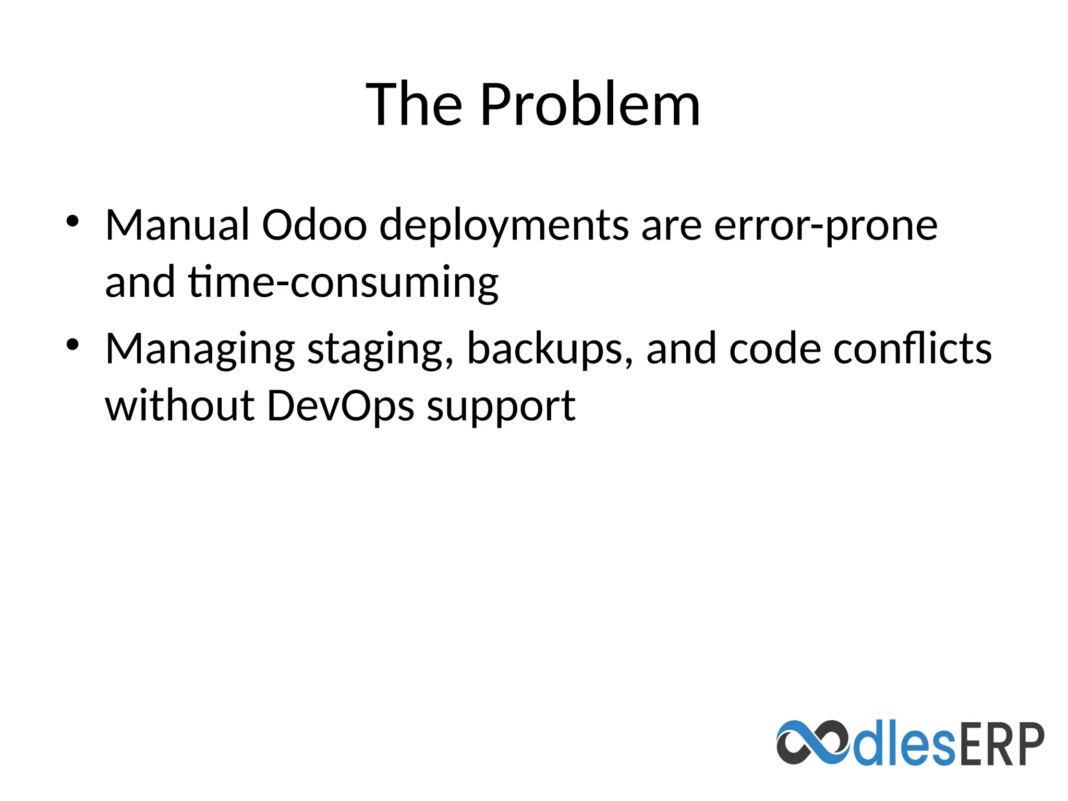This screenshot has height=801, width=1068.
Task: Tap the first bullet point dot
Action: click(72, 221)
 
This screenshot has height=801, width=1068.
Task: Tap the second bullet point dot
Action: click(72, 344)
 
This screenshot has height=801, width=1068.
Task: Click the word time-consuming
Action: click(343, 283)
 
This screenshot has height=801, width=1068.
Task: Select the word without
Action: click(179, 406)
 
